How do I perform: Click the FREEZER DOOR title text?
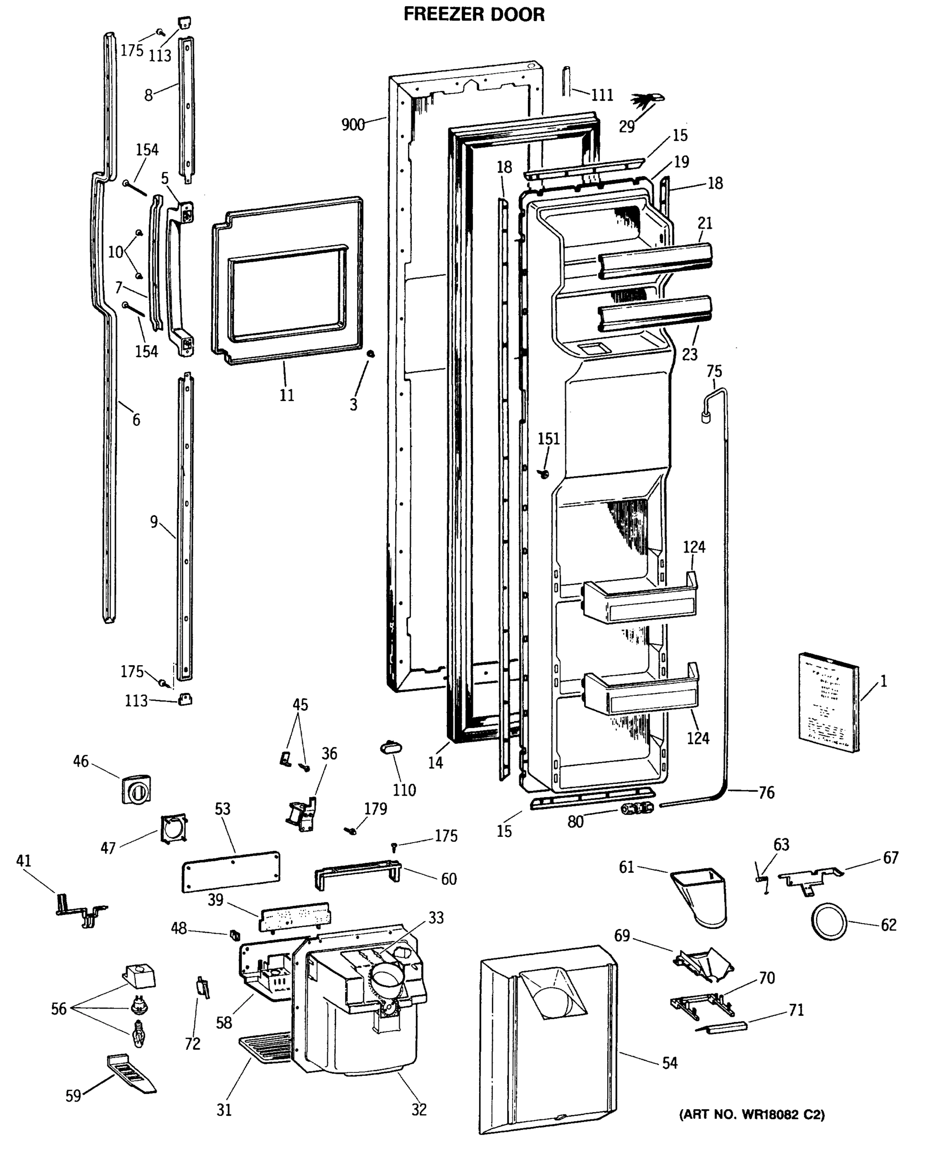click(x=473, y=14)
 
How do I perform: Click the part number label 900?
click(x=353, y=125)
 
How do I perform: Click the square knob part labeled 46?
click(x=136, y=789)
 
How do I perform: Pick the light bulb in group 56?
click(x=138, y=1034)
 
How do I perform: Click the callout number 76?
click(x=766, y=793)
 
